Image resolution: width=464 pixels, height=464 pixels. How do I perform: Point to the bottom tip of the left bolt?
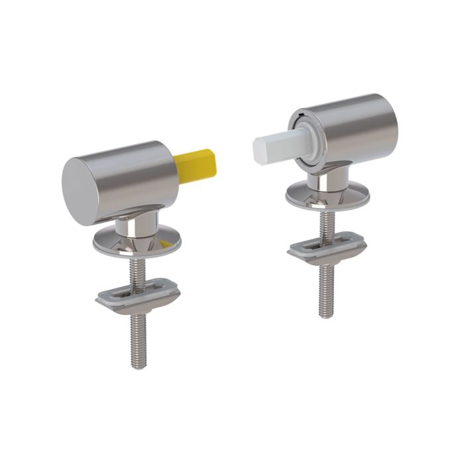click(x=138, y=365)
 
